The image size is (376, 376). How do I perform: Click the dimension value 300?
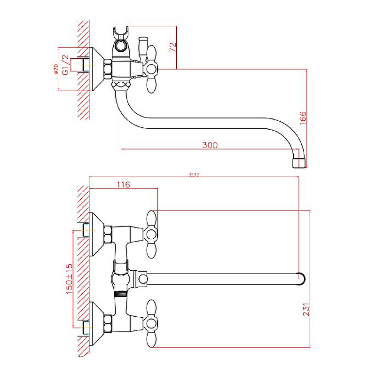(x=210, y=145)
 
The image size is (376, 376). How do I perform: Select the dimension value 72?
(x=172, y=47)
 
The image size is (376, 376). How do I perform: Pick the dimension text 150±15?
(x=69, y=277)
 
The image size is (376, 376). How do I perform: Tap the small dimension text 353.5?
(x=194, y=175)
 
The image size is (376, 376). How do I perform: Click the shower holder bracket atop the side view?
(x=120, y=36)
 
